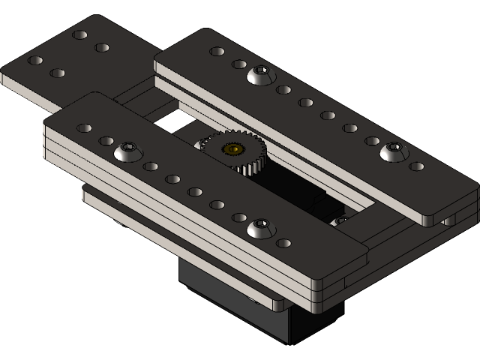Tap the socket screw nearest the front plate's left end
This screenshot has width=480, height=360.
128,152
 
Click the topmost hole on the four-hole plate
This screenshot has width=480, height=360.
79,34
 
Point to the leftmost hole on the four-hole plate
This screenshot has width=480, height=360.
34,60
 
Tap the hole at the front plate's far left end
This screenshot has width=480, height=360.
85,128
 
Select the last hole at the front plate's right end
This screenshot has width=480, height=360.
283,243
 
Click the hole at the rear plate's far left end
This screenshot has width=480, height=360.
217,52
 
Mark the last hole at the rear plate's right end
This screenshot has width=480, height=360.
416,166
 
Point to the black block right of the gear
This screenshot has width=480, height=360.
324,205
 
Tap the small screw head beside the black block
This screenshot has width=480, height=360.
340,220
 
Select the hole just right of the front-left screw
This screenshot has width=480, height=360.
151,166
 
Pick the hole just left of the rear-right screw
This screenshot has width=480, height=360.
372,140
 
